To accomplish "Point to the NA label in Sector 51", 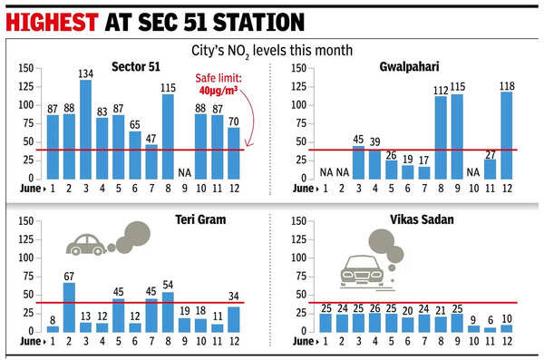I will click(184, 170).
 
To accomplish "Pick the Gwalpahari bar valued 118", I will click(506, 135).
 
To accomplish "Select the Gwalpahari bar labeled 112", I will click(441, 138).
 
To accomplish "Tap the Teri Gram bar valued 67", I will click(69, 307).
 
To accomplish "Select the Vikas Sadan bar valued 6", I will click(490, 329).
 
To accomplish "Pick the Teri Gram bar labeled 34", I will click(233, 319).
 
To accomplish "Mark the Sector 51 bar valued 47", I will click(151, 161).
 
